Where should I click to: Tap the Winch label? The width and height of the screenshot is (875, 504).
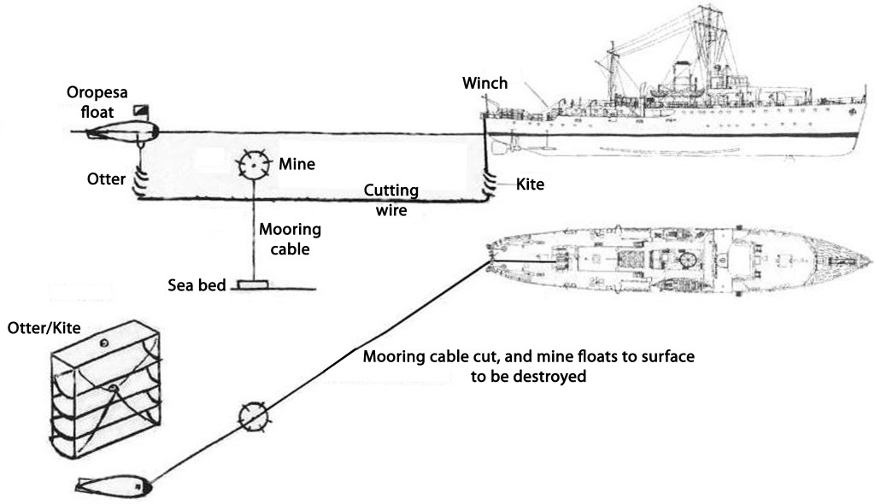pyautogui.click(x=484, y=84)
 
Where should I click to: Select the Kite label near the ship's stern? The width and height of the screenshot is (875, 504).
pyautogui.click(x=530, y=184)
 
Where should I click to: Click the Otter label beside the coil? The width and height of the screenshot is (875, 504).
pyautogui.click(x=106, y=179)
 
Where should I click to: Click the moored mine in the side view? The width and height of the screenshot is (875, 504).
pyautogui.click(x=253, y=164)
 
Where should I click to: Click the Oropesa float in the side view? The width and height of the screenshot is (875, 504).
pyautogui.click(x=125, y=131)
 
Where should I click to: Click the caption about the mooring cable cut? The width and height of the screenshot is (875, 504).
pyautogui.click(x=529, y=366)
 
